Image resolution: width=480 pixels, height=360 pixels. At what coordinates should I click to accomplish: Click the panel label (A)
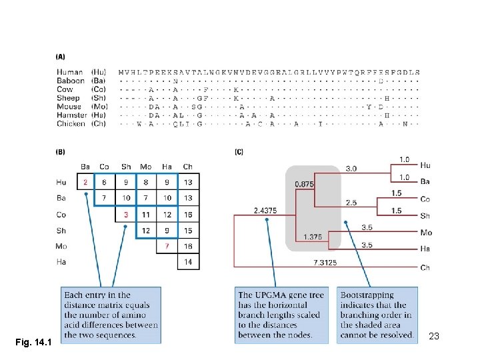pos(61,57)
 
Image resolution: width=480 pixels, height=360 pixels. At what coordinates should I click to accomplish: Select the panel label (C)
pos(239,152)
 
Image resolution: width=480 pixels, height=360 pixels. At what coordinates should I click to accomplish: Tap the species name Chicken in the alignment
pos(71,123)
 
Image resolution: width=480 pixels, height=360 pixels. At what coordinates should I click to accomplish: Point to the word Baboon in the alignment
pos(71,81)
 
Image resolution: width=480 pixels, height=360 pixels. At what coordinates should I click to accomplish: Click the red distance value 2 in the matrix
pos(85,182)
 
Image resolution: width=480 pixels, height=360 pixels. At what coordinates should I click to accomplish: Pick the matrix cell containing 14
pos(187,262)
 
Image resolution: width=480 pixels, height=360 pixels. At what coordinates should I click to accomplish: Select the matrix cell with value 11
pos(145,214)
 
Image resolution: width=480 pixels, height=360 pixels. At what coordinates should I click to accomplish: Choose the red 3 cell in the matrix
pos(126,214)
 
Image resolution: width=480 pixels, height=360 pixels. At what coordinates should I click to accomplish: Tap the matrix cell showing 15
pos(187,230)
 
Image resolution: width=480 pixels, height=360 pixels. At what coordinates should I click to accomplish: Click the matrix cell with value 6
pos(105,182)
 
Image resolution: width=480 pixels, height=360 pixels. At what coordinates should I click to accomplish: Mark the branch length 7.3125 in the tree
pos(325,263)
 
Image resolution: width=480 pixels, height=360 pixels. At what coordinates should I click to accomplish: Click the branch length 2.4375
pos(265,211)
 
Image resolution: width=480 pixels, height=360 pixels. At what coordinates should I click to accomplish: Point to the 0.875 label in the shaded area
pos(305,184)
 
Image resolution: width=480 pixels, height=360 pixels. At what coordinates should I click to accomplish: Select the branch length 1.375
pos(312,236)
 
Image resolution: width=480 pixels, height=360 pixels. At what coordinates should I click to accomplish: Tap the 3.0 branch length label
pos(351,169)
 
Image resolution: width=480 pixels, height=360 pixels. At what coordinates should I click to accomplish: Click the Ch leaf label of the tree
pos(425,267)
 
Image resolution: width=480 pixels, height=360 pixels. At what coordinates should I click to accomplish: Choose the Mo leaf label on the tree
pos(426,233)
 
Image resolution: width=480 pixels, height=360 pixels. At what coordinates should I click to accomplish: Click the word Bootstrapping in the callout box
pos(367,295)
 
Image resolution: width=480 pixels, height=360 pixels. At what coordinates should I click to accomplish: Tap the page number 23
pos(433,337)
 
